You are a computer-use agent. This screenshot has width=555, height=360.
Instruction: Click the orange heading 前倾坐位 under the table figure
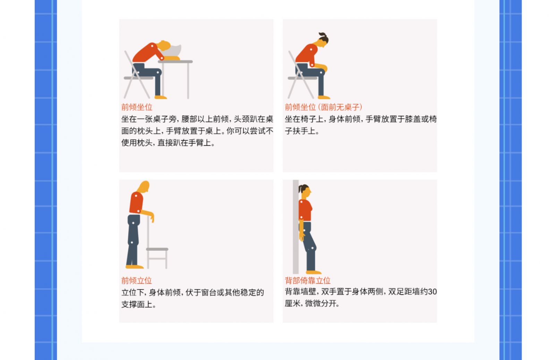coord(137,107)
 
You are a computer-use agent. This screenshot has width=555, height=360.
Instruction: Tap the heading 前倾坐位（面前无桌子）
coord(324,107)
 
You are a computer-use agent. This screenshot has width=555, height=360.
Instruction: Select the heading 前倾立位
coord(137,281)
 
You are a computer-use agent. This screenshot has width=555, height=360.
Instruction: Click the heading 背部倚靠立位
coord(308,281)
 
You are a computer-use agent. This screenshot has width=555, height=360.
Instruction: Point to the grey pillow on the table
coord(173,51)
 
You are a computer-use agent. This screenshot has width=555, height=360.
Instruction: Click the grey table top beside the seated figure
coord(176,61)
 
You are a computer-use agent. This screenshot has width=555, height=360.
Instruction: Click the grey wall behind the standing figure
coord(296,227)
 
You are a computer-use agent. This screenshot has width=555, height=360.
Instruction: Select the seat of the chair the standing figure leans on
coord(157,249)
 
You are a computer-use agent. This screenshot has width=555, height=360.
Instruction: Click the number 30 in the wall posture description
coord(432,292)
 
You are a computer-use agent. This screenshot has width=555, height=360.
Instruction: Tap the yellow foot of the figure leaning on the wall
coord(314,272)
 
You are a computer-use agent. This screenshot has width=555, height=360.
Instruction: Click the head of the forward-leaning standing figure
coord(144,186)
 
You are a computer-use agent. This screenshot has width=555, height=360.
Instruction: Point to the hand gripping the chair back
coord(152,217)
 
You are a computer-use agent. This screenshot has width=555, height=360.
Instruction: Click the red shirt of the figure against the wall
coord(305,210)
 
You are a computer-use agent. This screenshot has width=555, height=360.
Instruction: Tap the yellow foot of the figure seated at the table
coord(161,97)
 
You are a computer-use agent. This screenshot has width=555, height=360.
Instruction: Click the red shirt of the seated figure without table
coord(307,54)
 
